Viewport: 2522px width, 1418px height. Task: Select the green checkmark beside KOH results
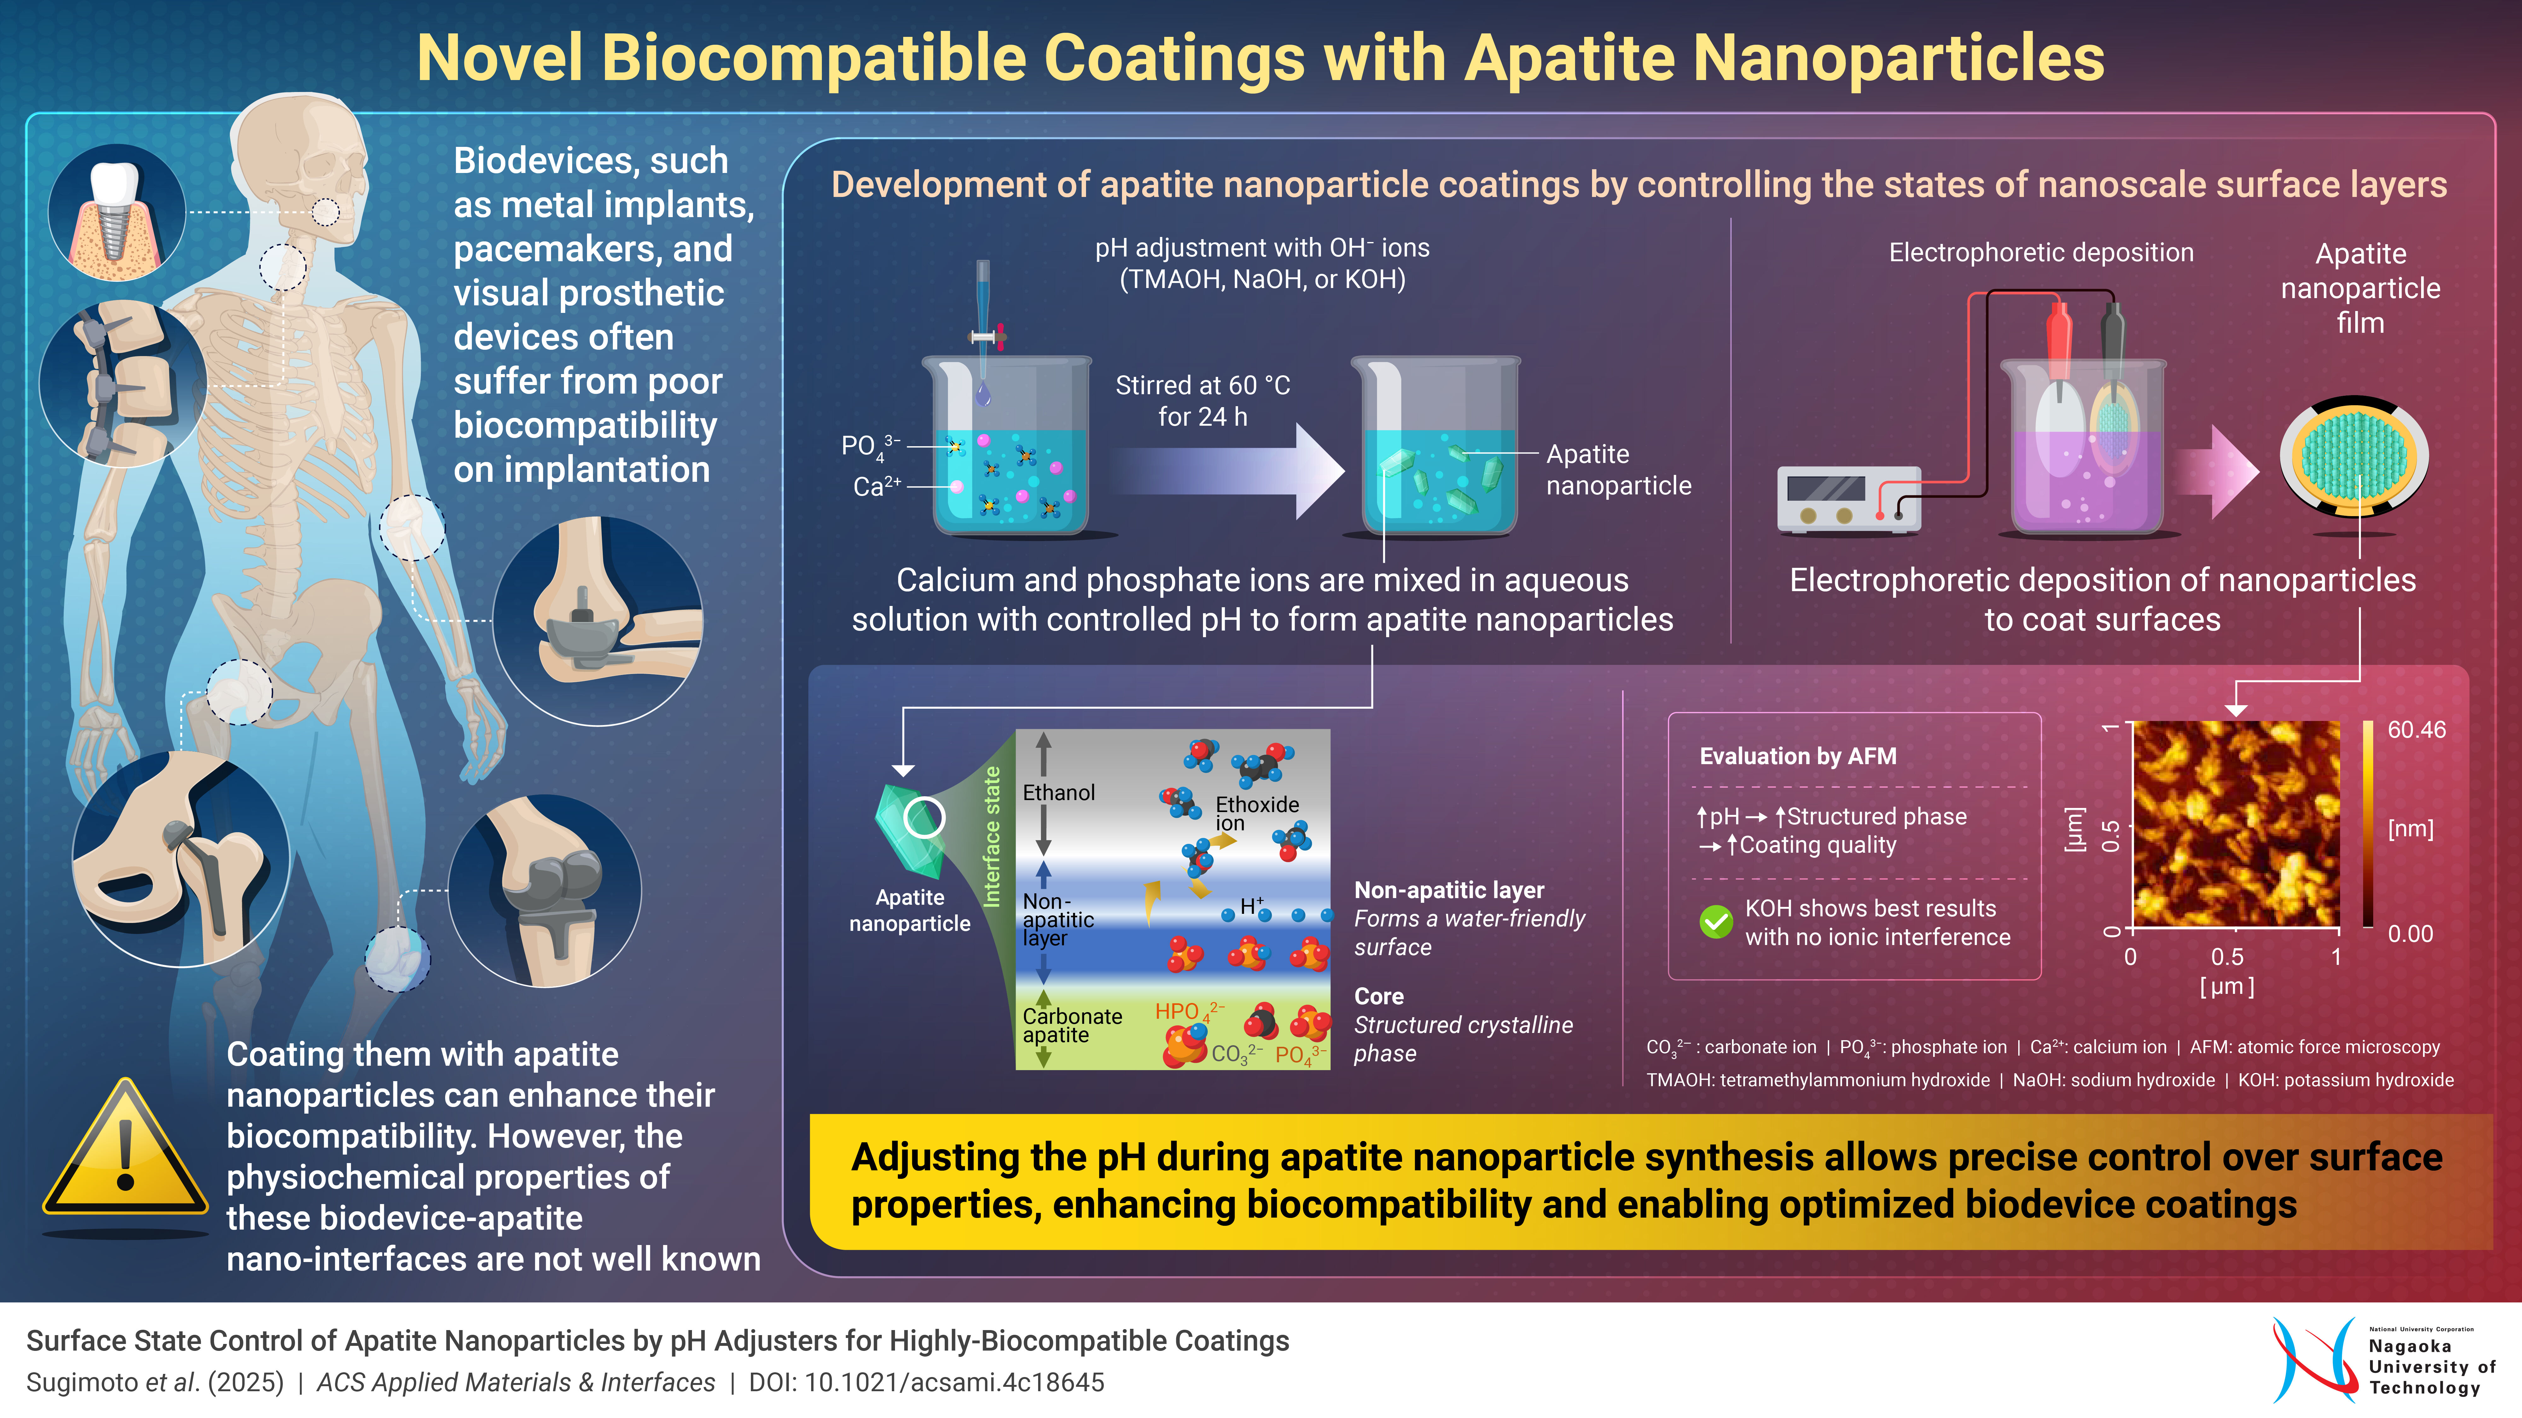point(1715,922)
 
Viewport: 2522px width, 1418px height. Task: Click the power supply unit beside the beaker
point(1848,499)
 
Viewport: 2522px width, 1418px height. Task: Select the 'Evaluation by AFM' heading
point(1798,757)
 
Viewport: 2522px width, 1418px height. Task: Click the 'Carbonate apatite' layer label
point(1071,1026)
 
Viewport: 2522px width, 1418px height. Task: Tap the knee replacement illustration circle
point(544,891)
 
